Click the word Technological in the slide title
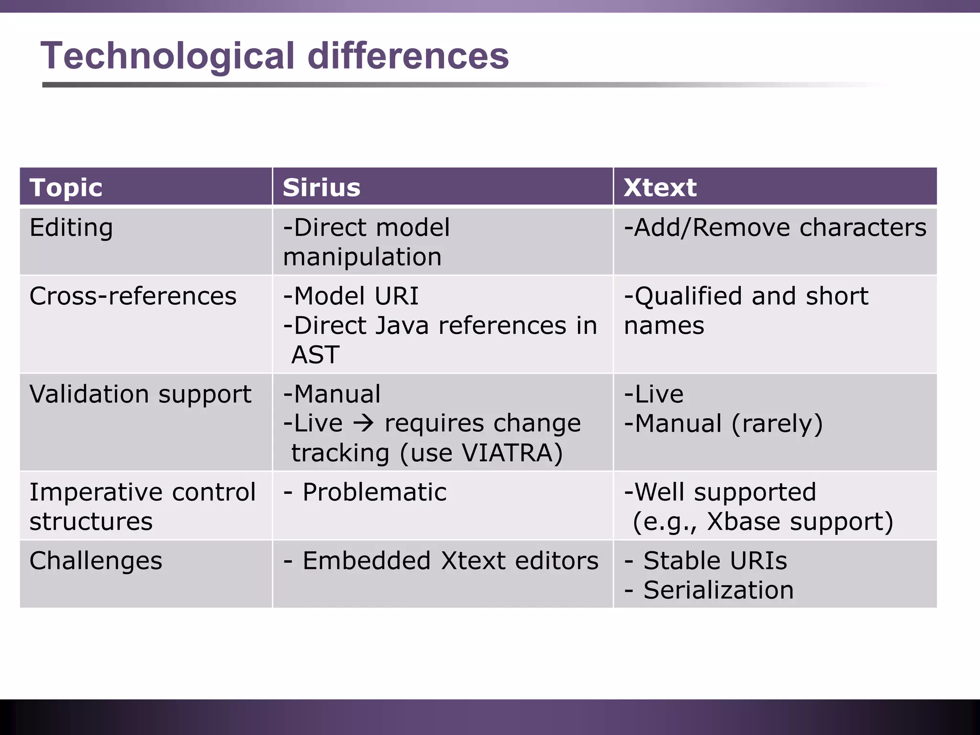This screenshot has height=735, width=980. pyautogui.click(x=167, y=56)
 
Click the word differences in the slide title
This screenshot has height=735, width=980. pyautogui.click(x=408, y=56)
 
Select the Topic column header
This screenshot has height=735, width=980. pyautogui.click(x=66, y=187)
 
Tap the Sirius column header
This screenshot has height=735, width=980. pyautogui.click(x=321, y=187)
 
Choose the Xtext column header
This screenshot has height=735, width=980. pyautogui.click(x=660, y=187)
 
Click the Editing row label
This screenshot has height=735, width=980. pyautogui.click(x=71, y=228)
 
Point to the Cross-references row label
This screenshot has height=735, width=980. pyautogui.click(x=133, y=296)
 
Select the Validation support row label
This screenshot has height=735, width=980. pyautogui.click(x=140, y=394)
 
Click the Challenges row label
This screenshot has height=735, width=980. pyautogui.click(x=96, y=561)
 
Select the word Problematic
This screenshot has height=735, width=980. pyautogui.click(x=374, y=492)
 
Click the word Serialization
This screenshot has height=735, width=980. pyautogui.click(x=718, y=590)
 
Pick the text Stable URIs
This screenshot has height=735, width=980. pyautogui.click(x=715, y=561)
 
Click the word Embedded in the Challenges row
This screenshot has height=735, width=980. pyautogui.click(x=367, y=561)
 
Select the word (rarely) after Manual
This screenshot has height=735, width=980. pyautogui.click(x=777, y=424)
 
